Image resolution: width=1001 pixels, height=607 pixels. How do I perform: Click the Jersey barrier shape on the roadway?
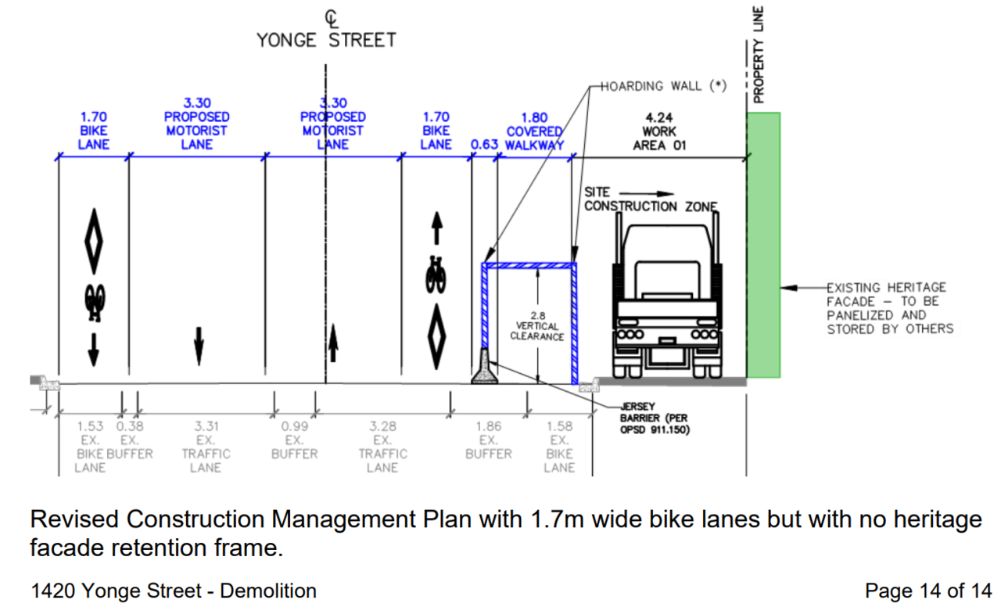coord(484,368)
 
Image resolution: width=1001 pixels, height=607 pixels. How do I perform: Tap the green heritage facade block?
coord(764,245)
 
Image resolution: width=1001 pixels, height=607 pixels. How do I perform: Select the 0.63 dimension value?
coord(484,145)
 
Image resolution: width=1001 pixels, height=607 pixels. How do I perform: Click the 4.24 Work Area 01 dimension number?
coord(659,118)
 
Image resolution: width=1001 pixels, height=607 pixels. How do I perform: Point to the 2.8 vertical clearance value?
coord(538,315)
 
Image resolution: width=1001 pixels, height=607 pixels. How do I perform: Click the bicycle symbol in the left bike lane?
coord(95,303)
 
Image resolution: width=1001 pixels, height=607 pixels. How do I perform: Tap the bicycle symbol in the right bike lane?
coord(436,275)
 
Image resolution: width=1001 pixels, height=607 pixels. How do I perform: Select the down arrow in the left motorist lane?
coord(199,347)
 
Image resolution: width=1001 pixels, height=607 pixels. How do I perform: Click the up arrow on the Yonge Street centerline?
coord(333,343)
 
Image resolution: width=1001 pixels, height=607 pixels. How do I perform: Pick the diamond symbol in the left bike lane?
coord(94,242)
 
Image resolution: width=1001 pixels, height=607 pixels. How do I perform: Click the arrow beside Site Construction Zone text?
coord(647,193)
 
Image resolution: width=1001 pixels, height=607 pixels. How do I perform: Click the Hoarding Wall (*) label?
coord(664,86)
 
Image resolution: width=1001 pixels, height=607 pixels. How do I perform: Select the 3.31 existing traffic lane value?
coord(206,426)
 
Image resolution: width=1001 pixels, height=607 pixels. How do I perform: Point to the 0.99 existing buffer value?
coord(295,426)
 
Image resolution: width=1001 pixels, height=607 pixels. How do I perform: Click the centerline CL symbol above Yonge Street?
coord(331,19)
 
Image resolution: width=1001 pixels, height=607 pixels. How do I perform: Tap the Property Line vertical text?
coord(759,55)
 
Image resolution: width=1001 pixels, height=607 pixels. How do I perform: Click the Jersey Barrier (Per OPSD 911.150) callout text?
coord(655,418)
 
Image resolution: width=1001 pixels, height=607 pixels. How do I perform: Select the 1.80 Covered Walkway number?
coord(534,117)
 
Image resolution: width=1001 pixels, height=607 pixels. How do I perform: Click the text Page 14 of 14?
coord(928,591)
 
